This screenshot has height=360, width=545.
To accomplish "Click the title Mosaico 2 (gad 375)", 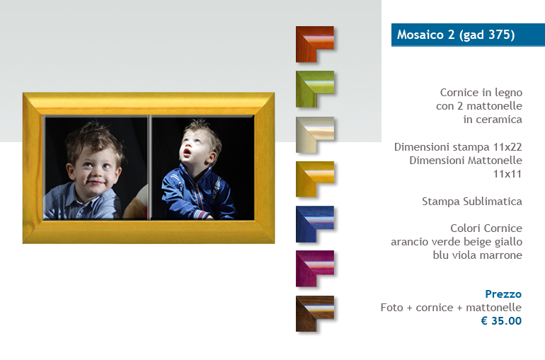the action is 456,35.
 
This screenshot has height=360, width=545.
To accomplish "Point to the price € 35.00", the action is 501,321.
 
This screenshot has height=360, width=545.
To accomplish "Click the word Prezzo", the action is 503,294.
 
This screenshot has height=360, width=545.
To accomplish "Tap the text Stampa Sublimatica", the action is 472,202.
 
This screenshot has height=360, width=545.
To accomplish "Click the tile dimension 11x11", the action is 507,174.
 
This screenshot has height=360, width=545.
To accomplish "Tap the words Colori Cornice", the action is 486,228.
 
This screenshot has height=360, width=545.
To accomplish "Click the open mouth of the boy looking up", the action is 187,151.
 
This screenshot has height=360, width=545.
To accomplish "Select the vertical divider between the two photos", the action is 150,168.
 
